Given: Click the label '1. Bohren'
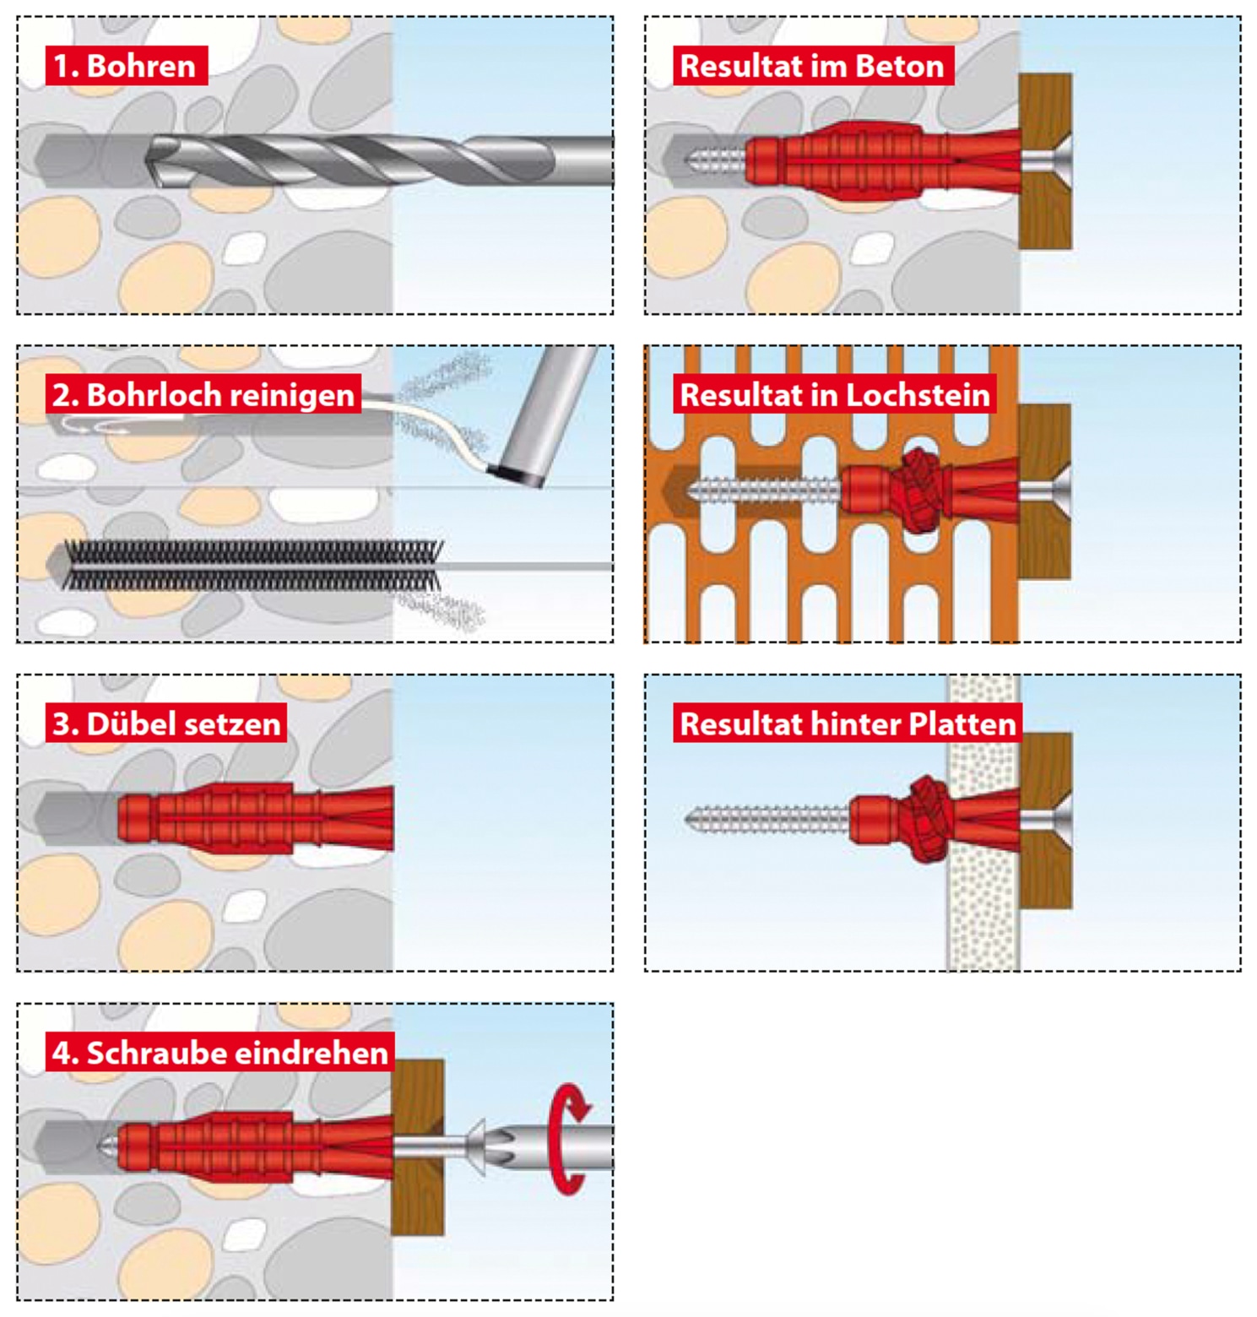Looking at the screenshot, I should (126, 66).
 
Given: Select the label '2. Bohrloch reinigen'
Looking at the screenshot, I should (203, 394).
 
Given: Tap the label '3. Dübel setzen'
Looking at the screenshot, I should (165, 724).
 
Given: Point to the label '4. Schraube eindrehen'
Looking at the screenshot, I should (219, 1053).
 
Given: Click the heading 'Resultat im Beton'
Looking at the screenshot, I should (812, 66).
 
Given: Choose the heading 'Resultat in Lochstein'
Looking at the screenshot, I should (834, 394).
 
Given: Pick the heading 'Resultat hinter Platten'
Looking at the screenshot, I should (848, 724).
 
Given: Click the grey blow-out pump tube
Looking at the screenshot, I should (549, 414).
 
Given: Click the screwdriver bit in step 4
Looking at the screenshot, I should (507, 1146).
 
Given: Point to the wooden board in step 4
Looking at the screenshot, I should (418, 1199).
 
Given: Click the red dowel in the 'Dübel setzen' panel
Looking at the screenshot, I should (253, 818).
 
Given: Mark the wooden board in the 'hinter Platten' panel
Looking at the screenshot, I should (1046, 870).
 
